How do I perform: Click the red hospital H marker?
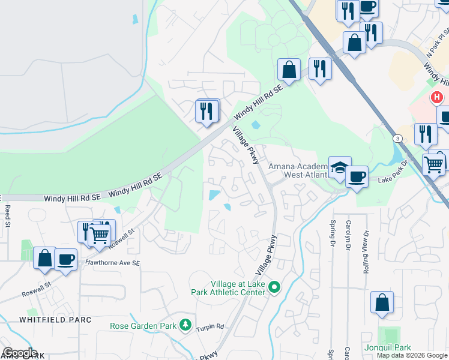(437, 97)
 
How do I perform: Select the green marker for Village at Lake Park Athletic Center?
(274, 288)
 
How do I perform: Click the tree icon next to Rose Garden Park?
(186, 326)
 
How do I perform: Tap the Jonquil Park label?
(387, 348)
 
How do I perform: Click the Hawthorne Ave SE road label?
(112, 263)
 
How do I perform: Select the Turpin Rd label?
(212, 327)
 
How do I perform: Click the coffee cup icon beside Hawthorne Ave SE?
(66, 260)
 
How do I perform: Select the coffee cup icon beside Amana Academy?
(357, 176)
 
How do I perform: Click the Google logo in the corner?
(20, 353)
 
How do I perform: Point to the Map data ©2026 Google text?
(412, 355)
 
